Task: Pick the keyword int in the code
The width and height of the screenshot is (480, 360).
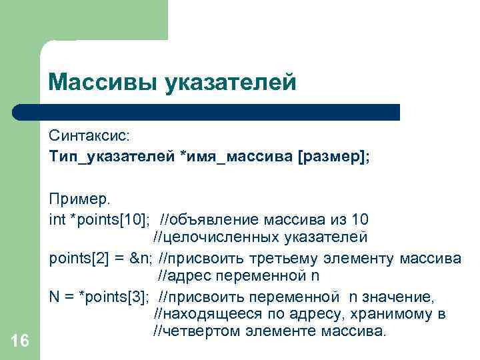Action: pos(57,219)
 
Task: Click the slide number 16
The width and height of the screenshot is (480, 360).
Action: pos(20,341)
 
